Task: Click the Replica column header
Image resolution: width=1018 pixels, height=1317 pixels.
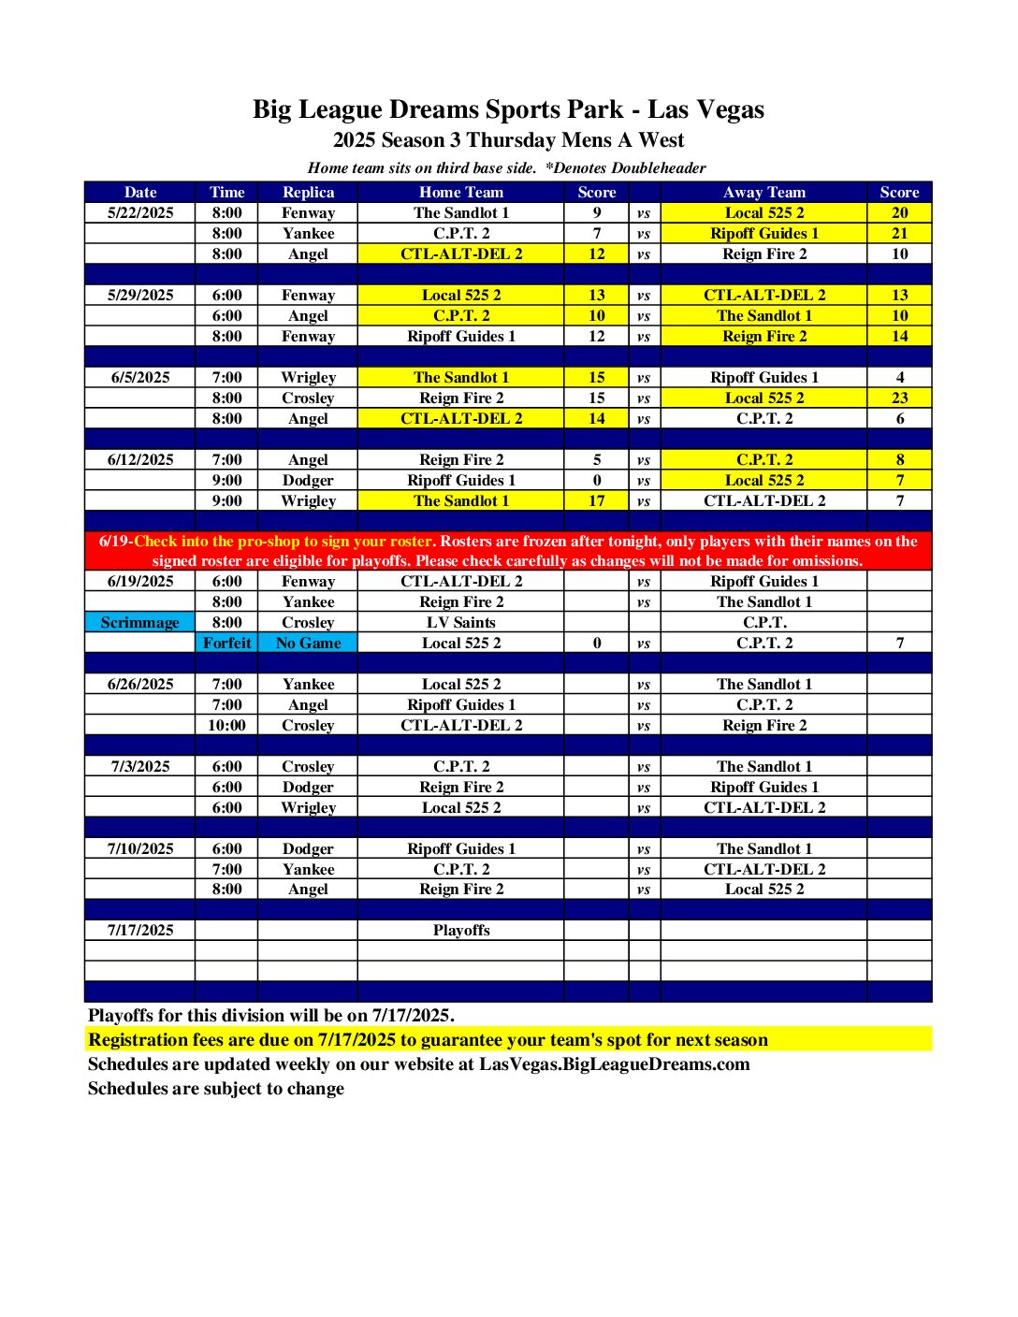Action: [x=308, y=193]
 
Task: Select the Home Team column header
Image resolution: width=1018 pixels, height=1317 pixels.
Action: [x=460, y=193]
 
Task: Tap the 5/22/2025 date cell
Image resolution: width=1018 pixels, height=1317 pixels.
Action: [x=140, y=213]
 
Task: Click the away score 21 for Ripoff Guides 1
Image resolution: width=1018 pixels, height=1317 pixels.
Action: [x=899, y=234]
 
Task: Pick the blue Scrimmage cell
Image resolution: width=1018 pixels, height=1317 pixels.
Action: [x=139, y=623]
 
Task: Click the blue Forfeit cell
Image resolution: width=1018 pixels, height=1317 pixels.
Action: [x=226, y=644]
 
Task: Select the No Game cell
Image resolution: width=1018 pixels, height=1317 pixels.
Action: [x=308, y=644]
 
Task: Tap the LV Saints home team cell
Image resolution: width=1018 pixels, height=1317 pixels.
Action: [x=460, y=623]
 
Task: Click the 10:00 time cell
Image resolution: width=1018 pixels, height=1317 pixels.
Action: [x=226, y=726]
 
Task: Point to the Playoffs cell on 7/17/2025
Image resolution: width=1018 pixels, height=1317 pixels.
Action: [x=460, y=931]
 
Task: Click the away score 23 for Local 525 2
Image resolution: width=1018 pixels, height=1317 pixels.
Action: [x=899, y=398]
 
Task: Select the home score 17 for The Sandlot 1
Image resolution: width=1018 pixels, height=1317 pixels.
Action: [x=597, y=501]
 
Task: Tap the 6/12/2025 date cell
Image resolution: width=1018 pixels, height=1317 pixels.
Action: [x=140, y=460]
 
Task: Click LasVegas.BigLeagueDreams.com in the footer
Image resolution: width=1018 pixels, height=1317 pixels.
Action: [x=614, y=1064]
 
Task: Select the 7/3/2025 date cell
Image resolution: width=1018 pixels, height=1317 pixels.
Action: [x=140, y=767]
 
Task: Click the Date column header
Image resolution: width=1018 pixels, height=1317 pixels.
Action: [x=140, y=193]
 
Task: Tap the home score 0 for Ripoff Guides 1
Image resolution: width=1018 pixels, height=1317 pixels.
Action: [x=597, y=481]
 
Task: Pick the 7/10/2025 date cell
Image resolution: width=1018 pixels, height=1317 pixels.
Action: [x=140, y=849]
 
